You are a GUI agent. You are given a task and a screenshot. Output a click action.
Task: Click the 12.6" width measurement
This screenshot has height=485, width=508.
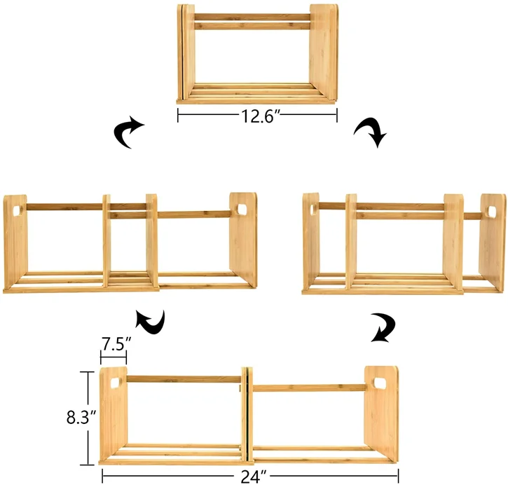tap(257, 116)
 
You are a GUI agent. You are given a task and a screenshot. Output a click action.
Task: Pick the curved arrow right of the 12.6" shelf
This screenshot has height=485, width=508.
tap(371, 132)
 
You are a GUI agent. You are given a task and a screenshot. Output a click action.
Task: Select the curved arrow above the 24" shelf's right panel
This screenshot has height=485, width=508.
tap(382, 327)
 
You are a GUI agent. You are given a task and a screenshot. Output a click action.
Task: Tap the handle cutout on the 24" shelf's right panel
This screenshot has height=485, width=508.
tap(380, 383)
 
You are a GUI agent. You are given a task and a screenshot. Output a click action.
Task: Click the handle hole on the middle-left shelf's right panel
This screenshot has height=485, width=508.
tap(242, 210)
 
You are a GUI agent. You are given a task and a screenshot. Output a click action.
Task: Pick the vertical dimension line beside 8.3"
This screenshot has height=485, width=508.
tap(88, 418)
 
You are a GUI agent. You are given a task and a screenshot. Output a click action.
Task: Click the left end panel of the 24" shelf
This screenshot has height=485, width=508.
tap(114, 414)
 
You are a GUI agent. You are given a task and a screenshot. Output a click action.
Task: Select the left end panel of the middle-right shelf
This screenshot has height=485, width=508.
tap(311, 242)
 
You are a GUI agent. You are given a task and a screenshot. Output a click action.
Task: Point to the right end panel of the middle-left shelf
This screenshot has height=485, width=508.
tap(243, 238)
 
